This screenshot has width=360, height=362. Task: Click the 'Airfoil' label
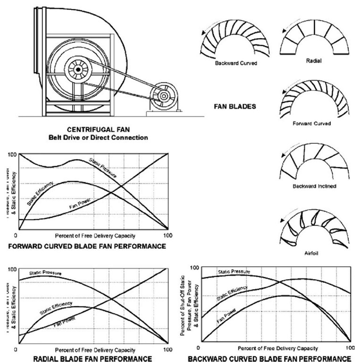tap(311, 253)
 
